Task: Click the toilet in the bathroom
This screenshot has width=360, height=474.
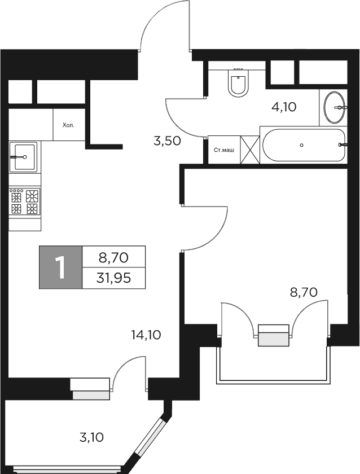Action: tap(239, 82)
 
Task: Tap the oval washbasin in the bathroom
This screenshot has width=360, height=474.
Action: tap(334, 107)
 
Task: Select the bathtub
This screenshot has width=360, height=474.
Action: tap(303, 146)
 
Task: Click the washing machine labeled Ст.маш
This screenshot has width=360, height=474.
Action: tap(224, 150)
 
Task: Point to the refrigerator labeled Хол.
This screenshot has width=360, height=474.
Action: tap(68, 125)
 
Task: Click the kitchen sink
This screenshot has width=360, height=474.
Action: tap(23, 157)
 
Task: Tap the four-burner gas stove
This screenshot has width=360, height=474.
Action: tap(25, 201)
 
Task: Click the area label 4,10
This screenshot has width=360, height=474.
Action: tap(284, 107)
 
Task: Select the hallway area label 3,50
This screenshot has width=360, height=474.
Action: tap(167, 141)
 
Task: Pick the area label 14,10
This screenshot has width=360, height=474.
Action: tap(146, 335)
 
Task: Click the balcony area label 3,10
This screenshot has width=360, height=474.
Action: tap(91, 437)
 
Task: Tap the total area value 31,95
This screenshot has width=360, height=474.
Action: tap(113, 278)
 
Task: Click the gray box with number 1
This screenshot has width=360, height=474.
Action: tap(60, 267)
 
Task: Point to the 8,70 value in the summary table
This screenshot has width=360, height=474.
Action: tap(113, 257)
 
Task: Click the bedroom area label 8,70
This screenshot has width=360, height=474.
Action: tap(304, 292)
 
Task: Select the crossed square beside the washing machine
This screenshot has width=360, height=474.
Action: tap(250, 150)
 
